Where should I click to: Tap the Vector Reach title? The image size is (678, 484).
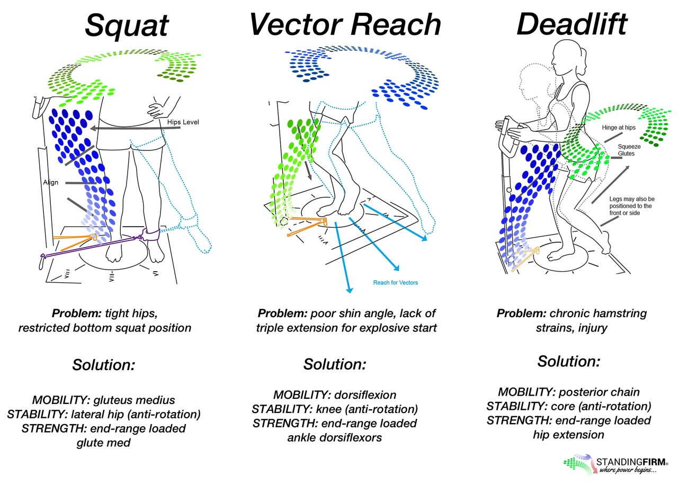tap(345, 24)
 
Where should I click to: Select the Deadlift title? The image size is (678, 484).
tap(572, 24)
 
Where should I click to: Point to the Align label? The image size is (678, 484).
tap(50, 182)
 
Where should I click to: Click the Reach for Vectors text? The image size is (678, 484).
tap(395, 282)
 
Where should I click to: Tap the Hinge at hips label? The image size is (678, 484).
tap(618, 128)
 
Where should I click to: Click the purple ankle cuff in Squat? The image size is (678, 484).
tap(150, 234)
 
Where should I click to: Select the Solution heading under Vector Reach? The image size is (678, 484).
tap(334, 364)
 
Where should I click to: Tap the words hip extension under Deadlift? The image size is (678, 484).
tap(568, 434)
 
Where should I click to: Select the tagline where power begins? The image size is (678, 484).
tap(630, 470)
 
